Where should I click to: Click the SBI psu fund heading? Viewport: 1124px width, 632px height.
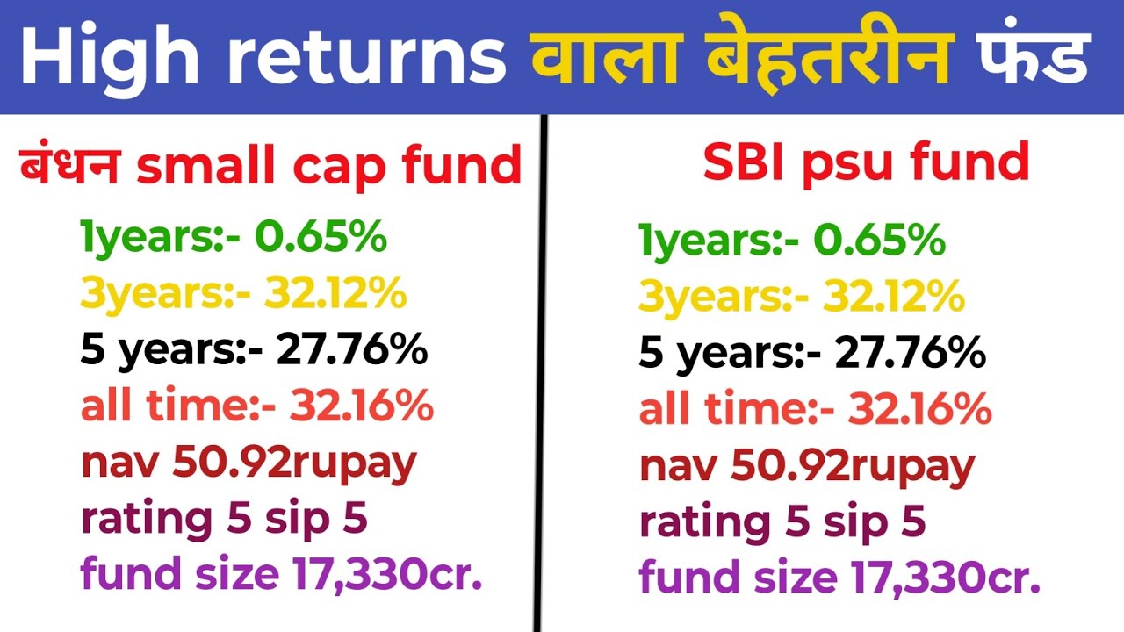point(866,162)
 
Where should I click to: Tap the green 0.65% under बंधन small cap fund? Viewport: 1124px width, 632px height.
point(321,238)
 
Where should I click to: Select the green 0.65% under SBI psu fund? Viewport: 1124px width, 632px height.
point(880,241)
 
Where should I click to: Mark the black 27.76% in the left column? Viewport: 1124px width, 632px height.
point(352,351)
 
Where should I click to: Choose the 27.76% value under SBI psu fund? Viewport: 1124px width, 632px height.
point(911,355)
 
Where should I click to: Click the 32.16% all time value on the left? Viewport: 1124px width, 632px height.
point(362,407)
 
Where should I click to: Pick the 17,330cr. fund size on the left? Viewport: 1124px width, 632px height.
point(383,575)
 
